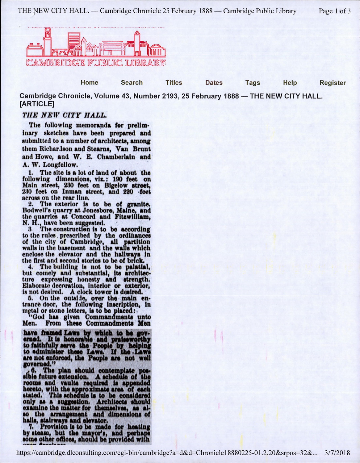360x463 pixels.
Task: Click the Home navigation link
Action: [89, 82]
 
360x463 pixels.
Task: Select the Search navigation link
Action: [132, 82]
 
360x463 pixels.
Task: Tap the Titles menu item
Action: [174, 82]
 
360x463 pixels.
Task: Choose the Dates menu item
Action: [214, 82]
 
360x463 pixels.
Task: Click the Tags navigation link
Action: [253, 82]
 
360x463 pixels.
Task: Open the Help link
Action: [290, 82]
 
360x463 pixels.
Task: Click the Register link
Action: [333, 82]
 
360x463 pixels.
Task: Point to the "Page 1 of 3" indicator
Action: [334, 11]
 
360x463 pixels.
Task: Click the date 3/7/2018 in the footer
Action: [337, 453]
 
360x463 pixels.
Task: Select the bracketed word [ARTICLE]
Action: [37, 104]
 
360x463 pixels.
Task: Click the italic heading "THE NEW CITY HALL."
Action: [65, 115]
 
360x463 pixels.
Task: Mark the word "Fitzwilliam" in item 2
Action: [132, 217]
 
